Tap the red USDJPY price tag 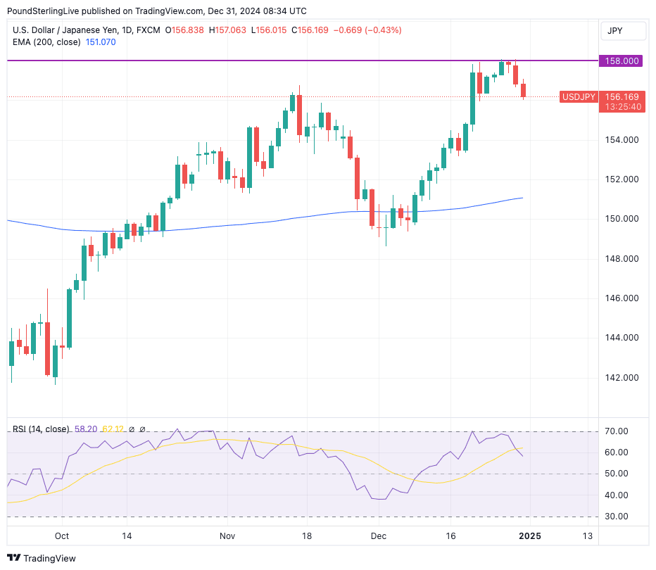pyautogui.click(x=578, y=96)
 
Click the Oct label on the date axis pyautogui.click(x=62, y=536)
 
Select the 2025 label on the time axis pyautogui.click(x=529, y=536)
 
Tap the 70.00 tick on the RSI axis pyautogui.click(x=616, y=431)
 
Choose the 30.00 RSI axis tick pyautogui.click(x=616, y=517)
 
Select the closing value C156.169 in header pyautogui.click(x=313, y=30)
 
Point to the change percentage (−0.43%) pyautogui.click(x=380, y=30)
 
